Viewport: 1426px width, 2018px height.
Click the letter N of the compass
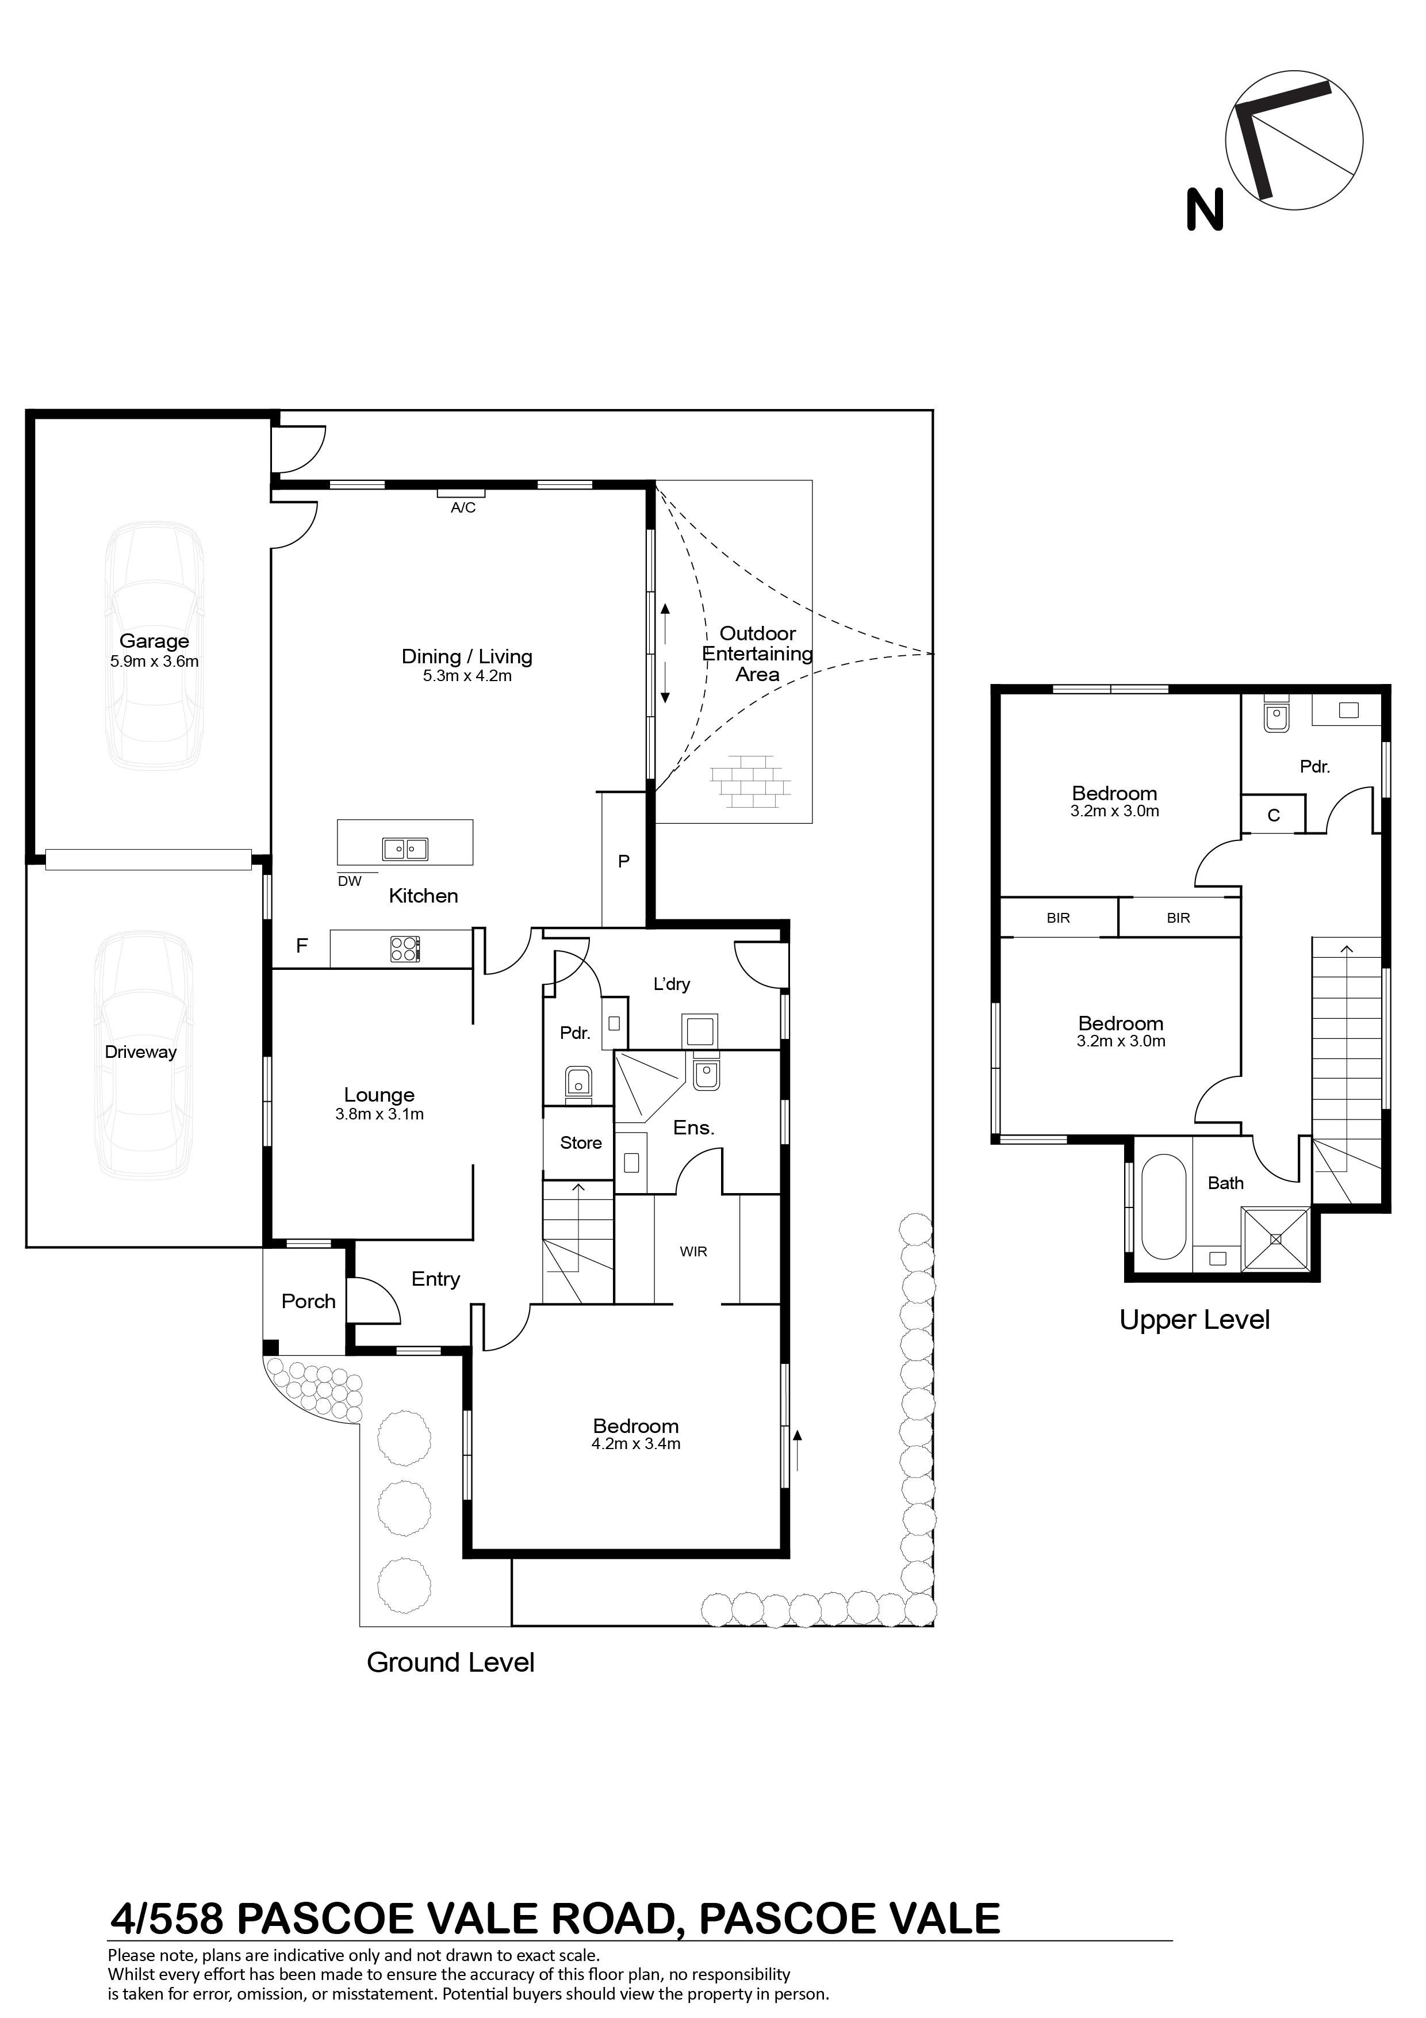point(1205,209)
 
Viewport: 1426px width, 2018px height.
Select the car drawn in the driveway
point(144,1054)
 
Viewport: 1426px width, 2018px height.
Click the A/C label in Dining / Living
point(463,508)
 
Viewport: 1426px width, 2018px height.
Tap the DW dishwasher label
point(350,881)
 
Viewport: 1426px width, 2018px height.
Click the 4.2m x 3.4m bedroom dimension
point(636,1443)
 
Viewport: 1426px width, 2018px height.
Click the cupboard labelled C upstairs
point(1273,815)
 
